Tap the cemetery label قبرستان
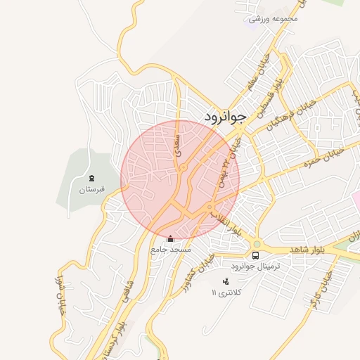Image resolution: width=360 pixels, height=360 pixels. pyautogui.click(x=91, y=189)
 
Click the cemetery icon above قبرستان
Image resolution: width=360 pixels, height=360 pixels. pyautogui.click(x=91, y=176)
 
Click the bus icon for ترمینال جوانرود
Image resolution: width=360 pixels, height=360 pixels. pyautogui.click(x=255, y=255)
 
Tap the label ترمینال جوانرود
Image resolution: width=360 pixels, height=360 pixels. pyautogui.click(x=255, y=267)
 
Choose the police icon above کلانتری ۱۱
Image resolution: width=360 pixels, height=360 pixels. pyautogui.click(x=224, y=281)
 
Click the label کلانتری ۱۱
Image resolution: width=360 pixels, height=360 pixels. pyautogui.click(x=226, y=292)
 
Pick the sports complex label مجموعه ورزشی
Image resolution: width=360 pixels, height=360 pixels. pyautogui.click(x=274, y=19)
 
